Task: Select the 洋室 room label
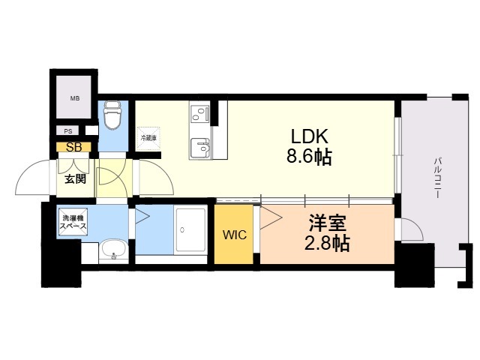click(x=328, y=223)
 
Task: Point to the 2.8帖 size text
click(x=328, y=243)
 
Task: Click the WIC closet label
click(x=233, y=234)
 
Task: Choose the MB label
click(x=75, y=98)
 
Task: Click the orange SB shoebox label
click(x=74, y=147)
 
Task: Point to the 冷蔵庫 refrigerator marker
click(x=148, y=138)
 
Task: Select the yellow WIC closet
click(x=233, y=234)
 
